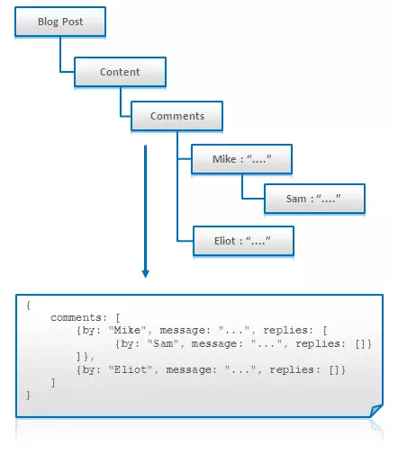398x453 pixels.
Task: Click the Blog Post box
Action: (x=60, y=22)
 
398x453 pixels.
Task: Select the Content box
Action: (x=120, y=72)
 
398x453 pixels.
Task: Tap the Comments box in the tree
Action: (x=176, y=116)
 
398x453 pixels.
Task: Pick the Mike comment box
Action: (x=241, y=159)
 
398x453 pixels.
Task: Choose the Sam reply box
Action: (x=314, y=199)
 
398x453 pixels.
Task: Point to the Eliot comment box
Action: (x=243, y=241)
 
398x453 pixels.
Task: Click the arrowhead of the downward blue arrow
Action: (x=146, y=273)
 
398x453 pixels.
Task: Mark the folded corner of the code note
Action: (x=376, y=410)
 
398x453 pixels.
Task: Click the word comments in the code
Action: (x=76, y=317)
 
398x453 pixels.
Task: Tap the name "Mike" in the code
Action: (x=127, y=330)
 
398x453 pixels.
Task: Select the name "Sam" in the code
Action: (x=163, y=343)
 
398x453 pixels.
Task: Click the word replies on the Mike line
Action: (x=285, y=330)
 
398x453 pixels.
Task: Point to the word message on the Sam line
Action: (x=213, y=343)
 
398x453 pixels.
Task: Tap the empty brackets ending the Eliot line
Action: (x=334, y=370)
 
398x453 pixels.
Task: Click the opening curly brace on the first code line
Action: (x=28, y=306)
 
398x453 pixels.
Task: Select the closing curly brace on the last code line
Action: (x=28, y=395)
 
